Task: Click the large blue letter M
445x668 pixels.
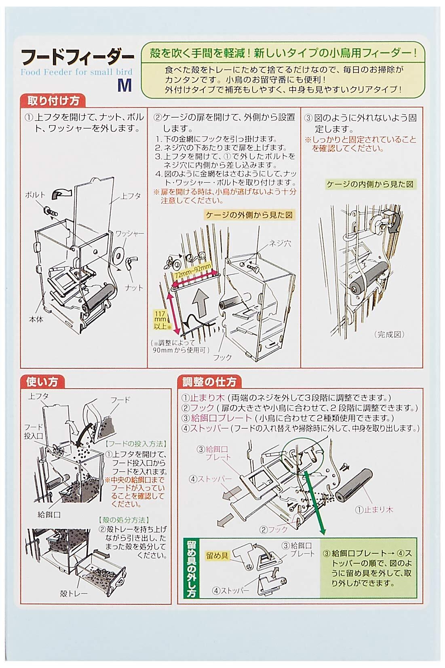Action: [x=124, y=86]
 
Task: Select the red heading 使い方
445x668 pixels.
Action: [x=42, y=382]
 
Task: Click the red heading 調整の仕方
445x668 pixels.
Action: [x=209, y=382]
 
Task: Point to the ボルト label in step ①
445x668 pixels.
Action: [x=35, y=195]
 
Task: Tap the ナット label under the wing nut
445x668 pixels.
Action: [x=134, y=288]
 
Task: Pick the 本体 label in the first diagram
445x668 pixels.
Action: [x=36, y=319]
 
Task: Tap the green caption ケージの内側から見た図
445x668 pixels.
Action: [x=371, y=184]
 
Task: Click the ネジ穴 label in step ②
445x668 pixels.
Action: [x=280, y=243]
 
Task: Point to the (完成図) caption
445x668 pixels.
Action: [x=390, y=334]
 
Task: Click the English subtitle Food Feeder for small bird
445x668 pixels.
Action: [x=76, y=72]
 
